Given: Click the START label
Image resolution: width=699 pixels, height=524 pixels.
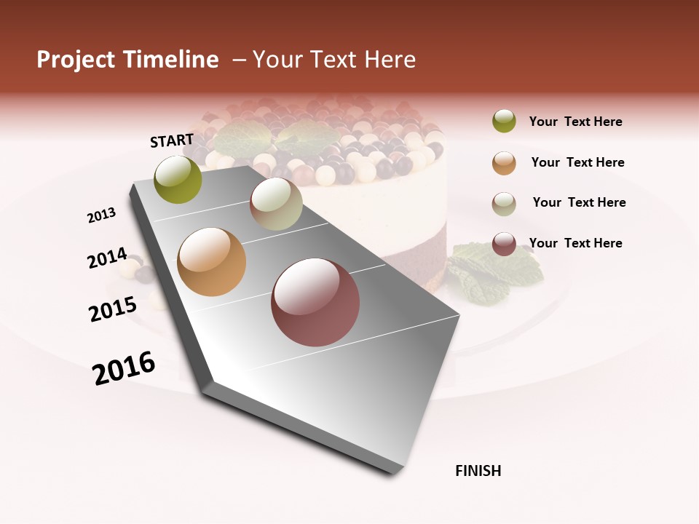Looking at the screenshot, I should click(x=172, y=140).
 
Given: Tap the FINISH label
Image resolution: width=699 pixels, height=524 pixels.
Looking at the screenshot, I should click(x=478, y=471).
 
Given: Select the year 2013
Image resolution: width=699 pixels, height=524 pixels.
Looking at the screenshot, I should click(x=102, y=215).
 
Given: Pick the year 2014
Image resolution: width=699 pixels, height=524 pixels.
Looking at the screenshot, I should click(x=107, y=258).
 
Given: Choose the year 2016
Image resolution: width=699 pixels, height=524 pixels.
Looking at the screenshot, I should click(x=124, y=368).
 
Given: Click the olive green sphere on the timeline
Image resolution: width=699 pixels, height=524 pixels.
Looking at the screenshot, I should click(x=178, y=180).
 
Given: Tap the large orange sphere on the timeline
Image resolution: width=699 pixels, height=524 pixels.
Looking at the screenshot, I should click(x=212, y=262).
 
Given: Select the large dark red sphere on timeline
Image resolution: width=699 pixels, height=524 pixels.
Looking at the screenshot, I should click(x=315, y=302).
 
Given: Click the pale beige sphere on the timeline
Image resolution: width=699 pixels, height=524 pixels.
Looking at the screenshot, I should click(x=276, y=204).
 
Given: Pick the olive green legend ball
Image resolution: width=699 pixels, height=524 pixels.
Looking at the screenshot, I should click(x=504, y=122).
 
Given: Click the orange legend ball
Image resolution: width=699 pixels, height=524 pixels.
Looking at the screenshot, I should click(x=504, y=163).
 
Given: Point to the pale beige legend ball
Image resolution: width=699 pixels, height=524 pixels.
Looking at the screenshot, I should click(x=504, y=204).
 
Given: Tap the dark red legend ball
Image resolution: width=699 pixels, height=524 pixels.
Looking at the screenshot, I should click(x=504, y=245).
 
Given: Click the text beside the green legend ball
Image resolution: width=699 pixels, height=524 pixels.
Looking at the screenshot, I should click(x=575, y=122).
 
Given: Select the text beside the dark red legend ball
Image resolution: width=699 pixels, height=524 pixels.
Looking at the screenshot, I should click(x=575, y=243).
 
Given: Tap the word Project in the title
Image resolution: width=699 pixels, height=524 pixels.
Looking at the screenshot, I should click(x=75, y=60).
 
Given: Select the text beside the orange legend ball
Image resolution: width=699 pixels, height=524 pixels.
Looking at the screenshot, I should click(x=577, y=162).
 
